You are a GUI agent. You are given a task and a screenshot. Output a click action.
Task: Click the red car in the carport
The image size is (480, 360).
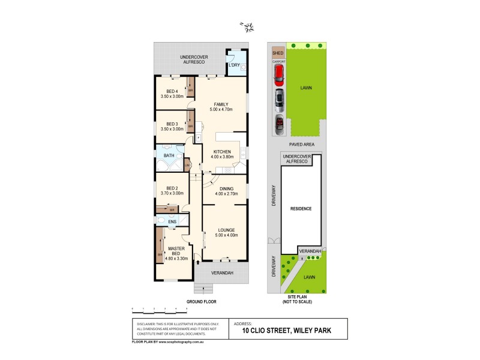pyautogui.click(x=278, y=74)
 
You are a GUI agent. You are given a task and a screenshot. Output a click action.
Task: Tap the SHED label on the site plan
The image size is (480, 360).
pyautogui.click(x=278, y=53)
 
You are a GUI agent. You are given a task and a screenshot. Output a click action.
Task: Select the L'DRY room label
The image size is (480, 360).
pyautogui.click(x=235, y=65)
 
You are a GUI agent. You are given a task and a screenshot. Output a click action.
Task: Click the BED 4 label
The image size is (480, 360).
pyautogui.click(x=172, y=91)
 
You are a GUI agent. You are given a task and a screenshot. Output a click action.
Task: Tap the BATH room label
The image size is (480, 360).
pyautogui.click(x=169, y=156)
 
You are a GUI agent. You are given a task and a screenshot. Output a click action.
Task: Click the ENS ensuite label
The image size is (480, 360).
pyautogui.click(x=172, y=222)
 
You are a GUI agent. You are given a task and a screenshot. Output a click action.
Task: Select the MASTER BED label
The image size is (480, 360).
pyautogui.click(x=176, y=248)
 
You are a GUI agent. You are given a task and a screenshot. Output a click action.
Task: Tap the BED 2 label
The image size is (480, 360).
pyautogui.click(x=172, y=188)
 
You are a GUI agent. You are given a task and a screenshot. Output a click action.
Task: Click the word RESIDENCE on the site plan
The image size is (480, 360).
pyautogui.click(x=301, y=208)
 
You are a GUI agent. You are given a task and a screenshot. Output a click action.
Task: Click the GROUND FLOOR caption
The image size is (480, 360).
pyautogui.click(x=201, y=301)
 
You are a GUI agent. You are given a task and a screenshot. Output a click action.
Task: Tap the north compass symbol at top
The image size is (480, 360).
pyautogui.click(x=247, y=26)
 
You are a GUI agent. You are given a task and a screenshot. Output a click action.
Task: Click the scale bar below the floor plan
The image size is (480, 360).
pyautogui.click(x=160, y=310)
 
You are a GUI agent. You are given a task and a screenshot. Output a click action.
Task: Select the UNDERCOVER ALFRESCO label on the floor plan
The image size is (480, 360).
pyautogui.click(x=193, y=59)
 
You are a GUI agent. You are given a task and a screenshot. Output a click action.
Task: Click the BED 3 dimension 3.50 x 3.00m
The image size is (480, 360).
pyautogui.click(x=172, y=129)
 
